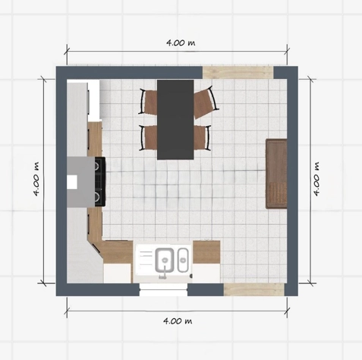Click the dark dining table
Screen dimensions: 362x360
coord(175,120)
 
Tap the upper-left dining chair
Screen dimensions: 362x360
coord(148,102)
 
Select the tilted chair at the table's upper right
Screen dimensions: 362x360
coord(206,102)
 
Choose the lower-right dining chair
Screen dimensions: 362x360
coord(203,137)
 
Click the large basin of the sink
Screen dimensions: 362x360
coord(165,260)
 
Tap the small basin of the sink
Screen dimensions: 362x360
coord(183,261)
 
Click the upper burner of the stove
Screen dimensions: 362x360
coord(97,166)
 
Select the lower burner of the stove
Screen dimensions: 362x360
coord(97,196)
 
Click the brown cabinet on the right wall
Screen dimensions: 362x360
coord(276,174)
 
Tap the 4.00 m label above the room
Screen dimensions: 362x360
coord(181,43)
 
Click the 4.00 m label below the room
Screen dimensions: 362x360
coord(178,321)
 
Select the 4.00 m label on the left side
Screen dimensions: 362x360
coord(36,179)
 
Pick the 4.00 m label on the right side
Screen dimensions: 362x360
coord(316,178)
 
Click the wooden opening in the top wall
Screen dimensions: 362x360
coord(238,72)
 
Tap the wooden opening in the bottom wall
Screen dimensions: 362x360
coord(254,289)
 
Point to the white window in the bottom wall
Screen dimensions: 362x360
coord(163,289)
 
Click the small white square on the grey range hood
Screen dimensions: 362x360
coord(72,182)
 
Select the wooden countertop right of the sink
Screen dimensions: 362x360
coord(206,252)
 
